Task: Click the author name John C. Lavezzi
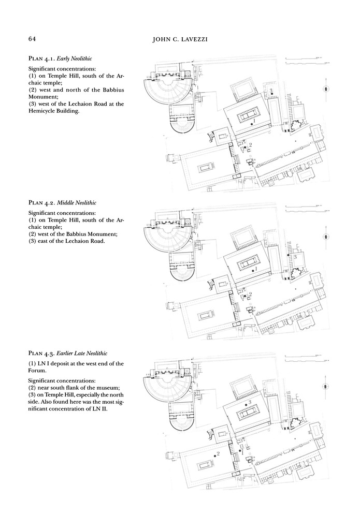point(179,39)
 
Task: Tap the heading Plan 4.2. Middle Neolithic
point(62,202)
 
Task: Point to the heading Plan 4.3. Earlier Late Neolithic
point(68,354)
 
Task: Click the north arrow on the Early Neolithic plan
point(325,89)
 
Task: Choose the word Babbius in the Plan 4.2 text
point(82,233)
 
